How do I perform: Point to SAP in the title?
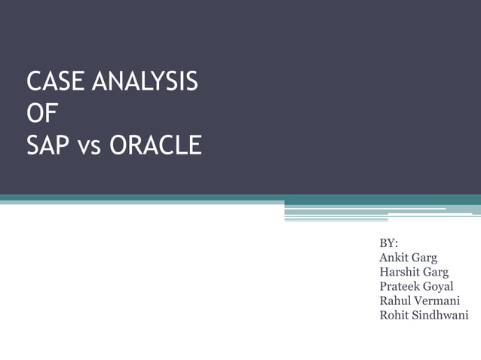point(48,145)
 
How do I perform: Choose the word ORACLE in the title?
point(155,145)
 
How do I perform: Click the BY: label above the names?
point(388,243)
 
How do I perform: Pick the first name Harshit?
point(400,272)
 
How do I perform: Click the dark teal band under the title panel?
point(226,198)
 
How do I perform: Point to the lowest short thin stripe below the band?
point(335,220)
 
